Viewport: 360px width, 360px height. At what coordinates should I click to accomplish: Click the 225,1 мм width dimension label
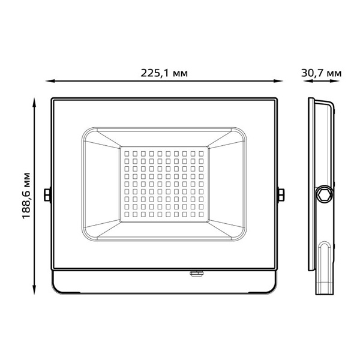click(x=164, y=73)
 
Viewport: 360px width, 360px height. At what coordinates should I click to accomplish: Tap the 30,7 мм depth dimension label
click(x=321, y=73)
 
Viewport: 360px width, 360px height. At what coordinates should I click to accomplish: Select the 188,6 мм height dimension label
click(x=26, y=196)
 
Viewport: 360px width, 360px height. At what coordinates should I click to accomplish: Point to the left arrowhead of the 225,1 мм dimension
click(x=50, y=81)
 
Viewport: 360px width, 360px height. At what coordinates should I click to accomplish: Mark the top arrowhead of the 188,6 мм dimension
click(x=34, y=103)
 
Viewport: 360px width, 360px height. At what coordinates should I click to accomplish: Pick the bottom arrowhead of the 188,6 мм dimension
click(x=34, y=290)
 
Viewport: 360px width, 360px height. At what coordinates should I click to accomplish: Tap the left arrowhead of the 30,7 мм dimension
click(x=308, y=81)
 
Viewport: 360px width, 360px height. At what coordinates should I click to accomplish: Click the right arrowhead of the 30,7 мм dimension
click(x=335, y=81)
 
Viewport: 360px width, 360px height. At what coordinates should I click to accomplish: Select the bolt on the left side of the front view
click(x=47, y=195)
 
